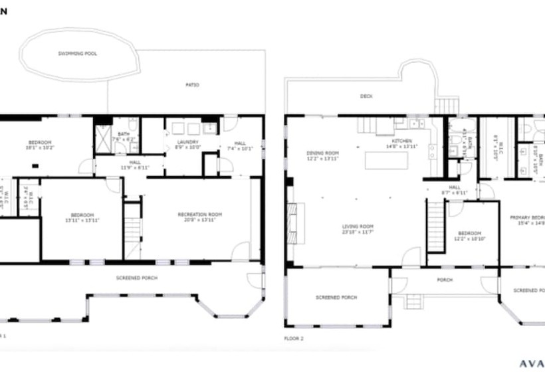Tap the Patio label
click(192, 85)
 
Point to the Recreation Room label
click(199, 216)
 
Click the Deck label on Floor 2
click(366, 96)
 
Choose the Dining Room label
click(322, 155)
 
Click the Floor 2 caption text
click(294, 339)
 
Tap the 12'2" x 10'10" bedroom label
click(469, 235)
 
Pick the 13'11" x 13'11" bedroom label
click(82, 217)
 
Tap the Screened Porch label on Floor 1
click(136, 278)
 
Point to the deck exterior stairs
click(447, 105)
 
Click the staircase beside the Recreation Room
click(132, 230)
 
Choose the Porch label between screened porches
click(445, 280)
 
